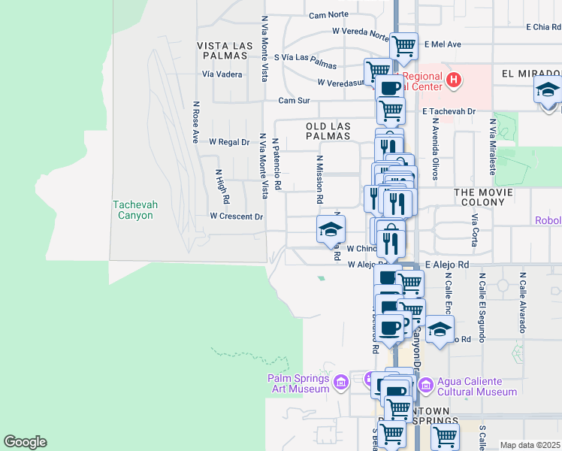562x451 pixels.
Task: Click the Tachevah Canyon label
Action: pyautogui.click(x=132, y=210)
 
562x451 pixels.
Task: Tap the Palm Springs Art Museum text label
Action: pyautogui.click(x=298, y=383)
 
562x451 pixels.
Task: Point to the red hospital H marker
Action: pyautogui.click(x=453, y=79)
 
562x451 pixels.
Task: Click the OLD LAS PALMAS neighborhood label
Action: pyautogui.click(x=328, y=131)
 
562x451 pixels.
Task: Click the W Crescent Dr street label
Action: pyautogui.click(x=237, y=216)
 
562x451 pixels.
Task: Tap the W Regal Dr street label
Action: pyautogui.click(x=228, y=141)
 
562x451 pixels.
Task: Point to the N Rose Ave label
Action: pyautogui.click(x=195, y=123)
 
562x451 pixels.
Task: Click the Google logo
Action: pyautogui.click(x=25, y=442)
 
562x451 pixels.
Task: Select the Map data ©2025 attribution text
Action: pyautogui.click(x=530, y=445)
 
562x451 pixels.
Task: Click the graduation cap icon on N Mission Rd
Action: pyautogui.click(x=330, y=230)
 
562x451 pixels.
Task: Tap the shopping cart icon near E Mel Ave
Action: pyautogui.click(x=403, y=46)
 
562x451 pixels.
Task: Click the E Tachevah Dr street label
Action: pyautogui.click(x=450, y=111)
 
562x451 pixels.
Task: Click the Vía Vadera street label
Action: pyautogui.click(x=222, y=74)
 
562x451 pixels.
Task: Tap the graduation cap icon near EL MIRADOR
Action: pyautogui.click(x=548, y=90)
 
